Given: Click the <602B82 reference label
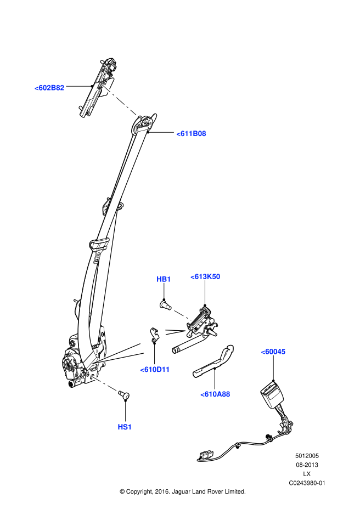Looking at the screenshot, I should [49, 88].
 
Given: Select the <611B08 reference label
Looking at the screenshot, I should [191, 133].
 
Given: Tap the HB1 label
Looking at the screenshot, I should [164, 279].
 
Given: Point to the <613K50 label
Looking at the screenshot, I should [205, 276].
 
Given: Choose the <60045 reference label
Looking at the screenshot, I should [273, 352].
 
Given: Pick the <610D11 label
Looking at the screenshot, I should [155, 370].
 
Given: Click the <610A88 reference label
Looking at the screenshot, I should [215, 394].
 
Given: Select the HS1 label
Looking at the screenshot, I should [125, 427].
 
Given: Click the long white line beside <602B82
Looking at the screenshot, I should [119, 100].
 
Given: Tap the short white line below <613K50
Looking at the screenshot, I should [182, 315].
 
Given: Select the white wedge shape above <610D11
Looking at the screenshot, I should [123, 354].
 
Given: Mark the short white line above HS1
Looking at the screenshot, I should [104, 383].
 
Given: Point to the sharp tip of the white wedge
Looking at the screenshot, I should [93, 363].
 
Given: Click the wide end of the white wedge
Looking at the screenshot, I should [142, 349].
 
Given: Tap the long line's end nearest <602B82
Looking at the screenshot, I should [103, 86].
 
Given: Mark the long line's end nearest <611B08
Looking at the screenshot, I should [135, 114].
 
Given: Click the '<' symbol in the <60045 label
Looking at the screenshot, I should [263, 352].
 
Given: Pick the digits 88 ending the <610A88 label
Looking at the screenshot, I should [226, 394].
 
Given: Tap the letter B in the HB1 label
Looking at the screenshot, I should [164, 279].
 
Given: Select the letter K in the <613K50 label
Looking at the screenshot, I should [208, 276].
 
